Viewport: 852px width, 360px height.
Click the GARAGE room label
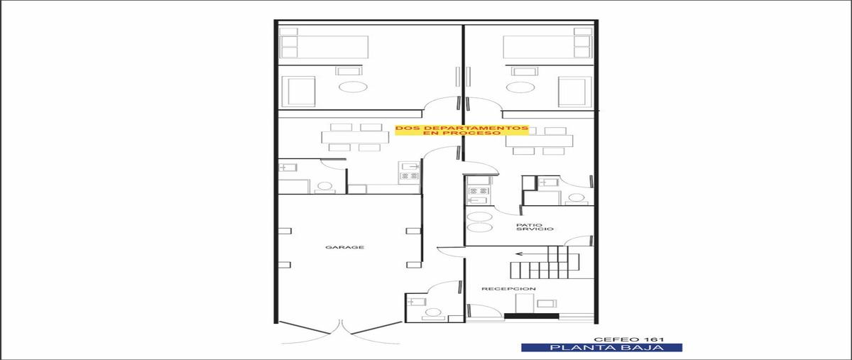[x=344, y=247]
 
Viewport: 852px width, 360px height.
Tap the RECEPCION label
[x=508, y=289]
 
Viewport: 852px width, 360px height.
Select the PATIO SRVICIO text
[x=535, y=227]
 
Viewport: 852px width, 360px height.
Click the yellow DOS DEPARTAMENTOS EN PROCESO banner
[x=461, y=131]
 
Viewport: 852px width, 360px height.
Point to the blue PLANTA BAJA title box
[x=601, y=347]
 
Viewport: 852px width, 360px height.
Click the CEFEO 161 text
[x=629, y=339]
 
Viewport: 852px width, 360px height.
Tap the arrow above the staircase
[x=531, y=253]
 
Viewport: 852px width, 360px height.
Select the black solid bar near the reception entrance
[x=531, y=316]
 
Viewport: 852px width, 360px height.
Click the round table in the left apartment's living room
[x=353, y=87]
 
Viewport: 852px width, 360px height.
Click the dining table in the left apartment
[x=355, y=137]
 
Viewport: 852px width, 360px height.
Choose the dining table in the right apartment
[x=539, y=141]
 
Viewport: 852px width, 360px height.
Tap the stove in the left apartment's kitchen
[x=409, y=176]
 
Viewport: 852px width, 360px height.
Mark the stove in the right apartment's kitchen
[x=478, y=191]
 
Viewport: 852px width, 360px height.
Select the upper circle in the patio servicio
[x=479, y=217]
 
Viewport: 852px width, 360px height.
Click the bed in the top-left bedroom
[x=324, y=47]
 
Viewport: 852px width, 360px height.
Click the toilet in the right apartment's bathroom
[x=577, y=200]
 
